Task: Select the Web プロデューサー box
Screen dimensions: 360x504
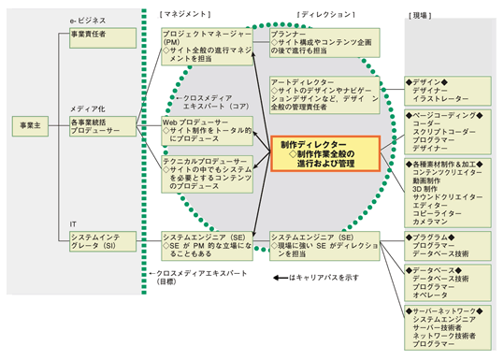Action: [x=206, y=130]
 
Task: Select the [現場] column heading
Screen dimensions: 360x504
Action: [x=421, y=15]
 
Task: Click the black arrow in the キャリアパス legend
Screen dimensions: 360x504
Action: [x=281, y=278]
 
